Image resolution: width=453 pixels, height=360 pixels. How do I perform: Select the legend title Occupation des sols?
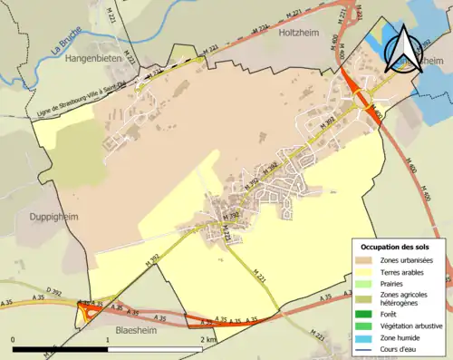click(395, 248)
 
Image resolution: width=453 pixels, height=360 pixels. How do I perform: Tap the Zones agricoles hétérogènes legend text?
click(409, 298)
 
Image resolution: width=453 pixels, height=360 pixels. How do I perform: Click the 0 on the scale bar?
click(13, 340)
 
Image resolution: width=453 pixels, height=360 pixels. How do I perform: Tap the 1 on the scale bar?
click(108, 340)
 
